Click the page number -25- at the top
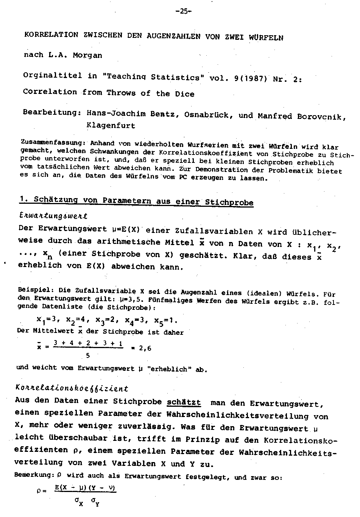coord(184,11)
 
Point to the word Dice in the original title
coord(185,94)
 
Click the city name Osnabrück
coord(206,114)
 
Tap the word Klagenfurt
coord(111,125)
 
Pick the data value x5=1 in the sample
coord(165,320)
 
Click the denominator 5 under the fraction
coord(88,356)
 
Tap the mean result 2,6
coord(145,348)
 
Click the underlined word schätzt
coord(184,403)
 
